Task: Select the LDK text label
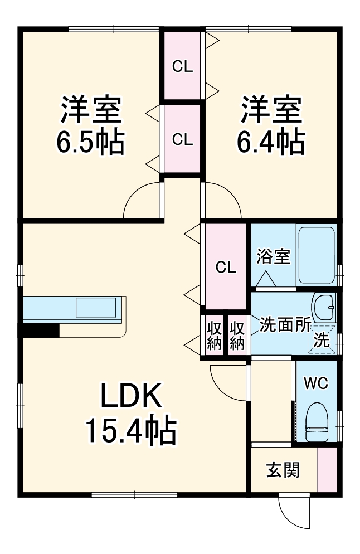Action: [x=131, y=397]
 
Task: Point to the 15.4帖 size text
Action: [x=131, y=430]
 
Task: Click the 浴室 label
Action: [x=273, y=257]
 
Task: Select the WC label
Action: [x=315, y=383]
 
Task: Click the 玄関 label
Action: [x=283, y=470]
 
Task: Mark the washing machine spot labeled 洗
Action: [x=322, y=339]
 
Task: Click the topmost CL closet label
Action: [x=182, y=67]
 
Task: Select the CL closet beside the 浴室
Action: [x=226, y=267]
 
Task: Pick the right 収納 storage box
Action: [x=237, y=334]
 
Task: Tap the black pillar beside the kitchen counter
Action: [x=41, y=330]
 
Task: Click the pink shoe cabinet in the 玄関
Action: [x=327, y=469]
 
